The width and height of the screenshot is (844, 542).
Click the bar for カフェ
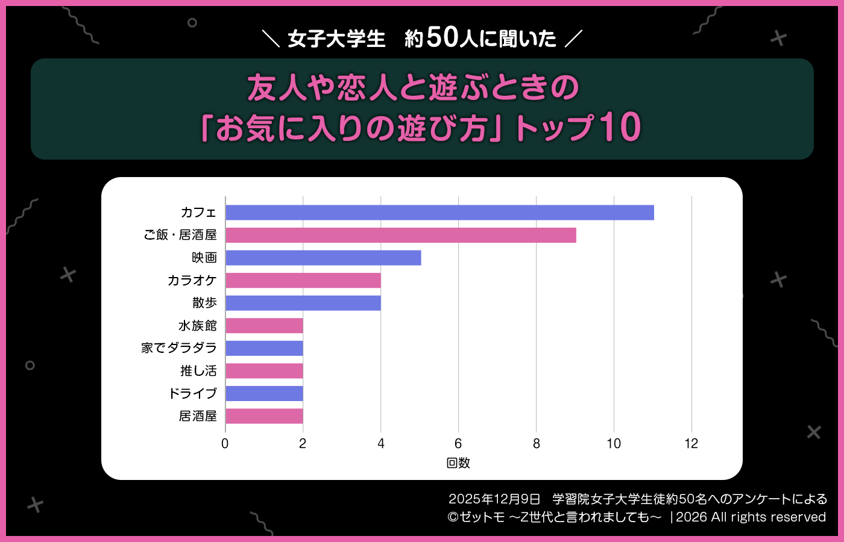[439, 213]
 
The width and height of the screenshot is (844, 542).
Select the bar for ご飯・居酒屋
[401, 235]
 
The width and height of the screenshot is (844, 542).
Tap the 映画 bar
[323, 258]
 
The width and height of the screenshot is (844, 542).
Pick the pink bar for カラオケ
[303, 281]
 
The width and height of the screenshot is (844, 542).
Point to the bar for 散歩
[303, 303]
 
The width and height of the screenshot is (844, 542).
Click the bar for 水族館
[264, 326]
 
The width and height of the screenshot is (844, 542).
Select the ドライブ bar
[264, 394]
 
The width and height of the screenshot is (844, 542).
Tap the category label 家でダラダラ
[178, 348]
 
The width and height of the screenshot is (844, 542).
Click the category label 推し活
[198, 371]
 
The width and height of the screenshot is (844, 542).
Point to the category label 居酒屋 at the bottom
[198, 416]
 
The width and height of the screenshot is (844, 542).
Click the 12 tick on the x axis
[691, 444]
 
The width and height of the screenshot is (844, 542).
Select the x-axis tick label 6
[458, 444]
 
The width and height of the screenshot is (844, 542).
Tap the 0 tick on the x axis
[225, 444]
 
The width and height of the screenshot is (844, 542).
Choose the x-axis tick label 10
[614, 444]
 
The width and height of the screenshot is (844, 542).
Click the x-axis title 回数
[458, 463]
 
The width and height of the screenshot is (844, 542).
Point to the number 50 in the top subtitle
[442, 37]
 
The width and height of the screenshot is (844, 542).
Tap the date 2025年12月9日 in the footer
[494, 499]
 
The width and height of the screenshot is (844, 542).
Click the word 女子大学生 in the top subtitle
[336, 39]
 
